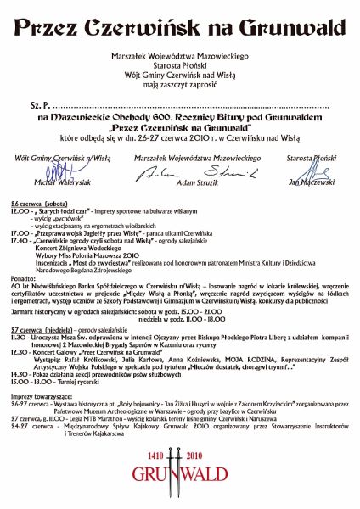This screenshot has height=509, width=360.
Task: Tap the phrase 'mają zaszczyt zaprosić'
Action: click(179, 85)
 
